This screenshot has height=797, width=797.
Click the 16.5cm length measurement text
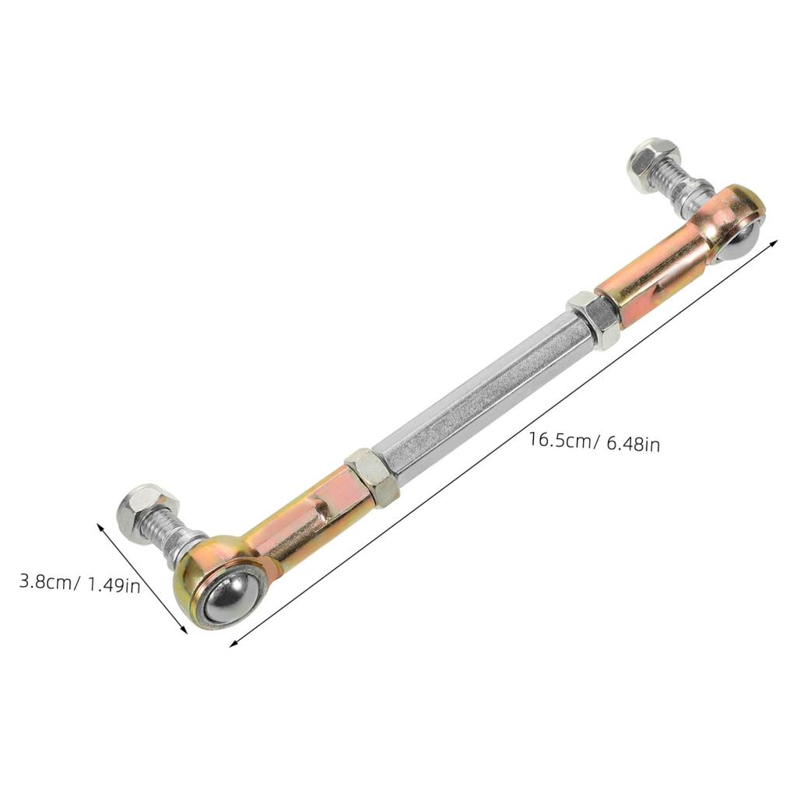(x=560, y=440)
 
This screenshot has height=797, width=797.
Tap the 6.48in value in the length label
(x=633, y=444)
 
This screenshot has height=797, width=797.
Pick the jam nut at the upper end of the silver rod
(x=595, y=320)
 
